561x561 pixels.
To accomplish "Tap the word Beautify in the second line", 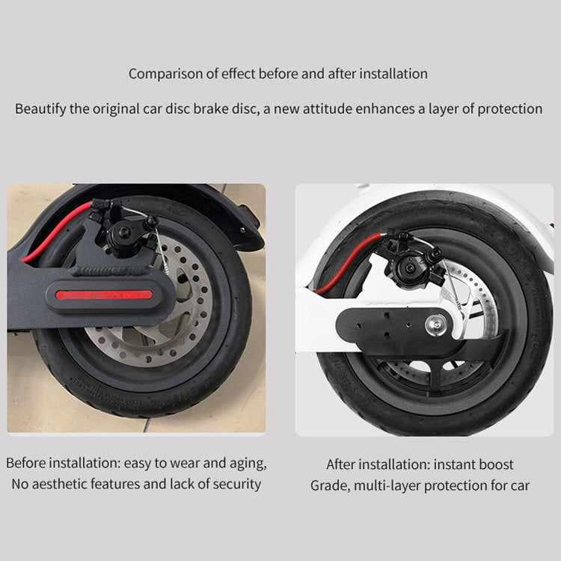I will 40,108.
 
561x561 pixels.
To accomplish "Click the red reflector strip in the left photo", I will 104,294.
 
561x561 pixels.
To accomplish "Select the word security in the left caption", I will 236,484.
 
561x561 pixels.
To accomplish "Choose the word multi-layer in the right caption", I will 393,485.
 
